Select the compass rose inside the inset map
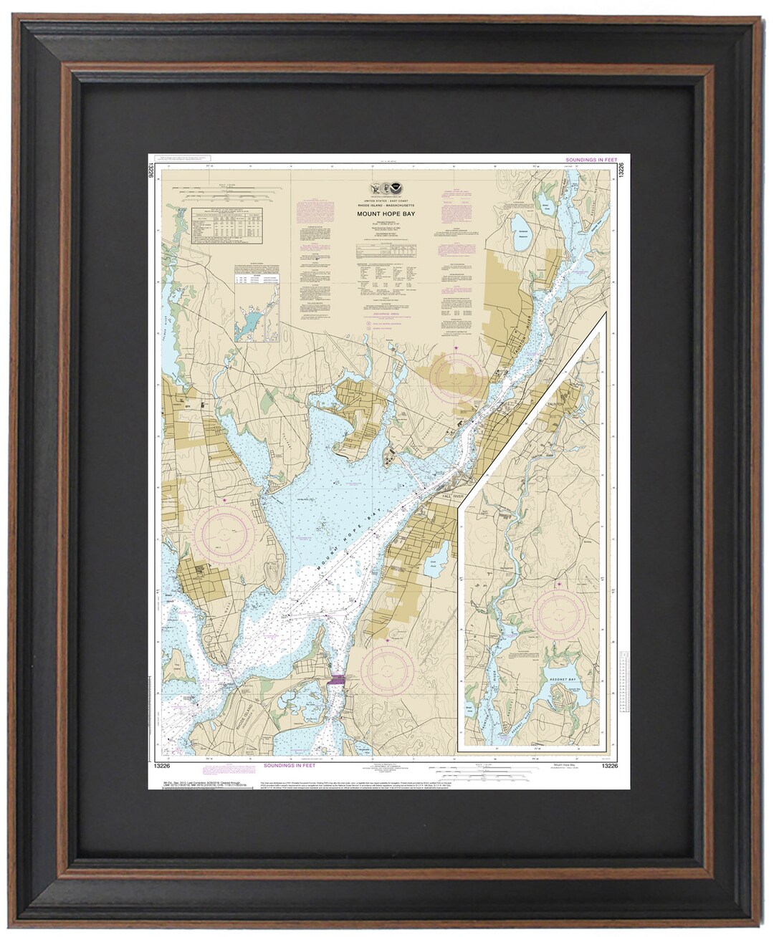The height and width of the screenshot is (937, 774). tap(558, 615)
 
